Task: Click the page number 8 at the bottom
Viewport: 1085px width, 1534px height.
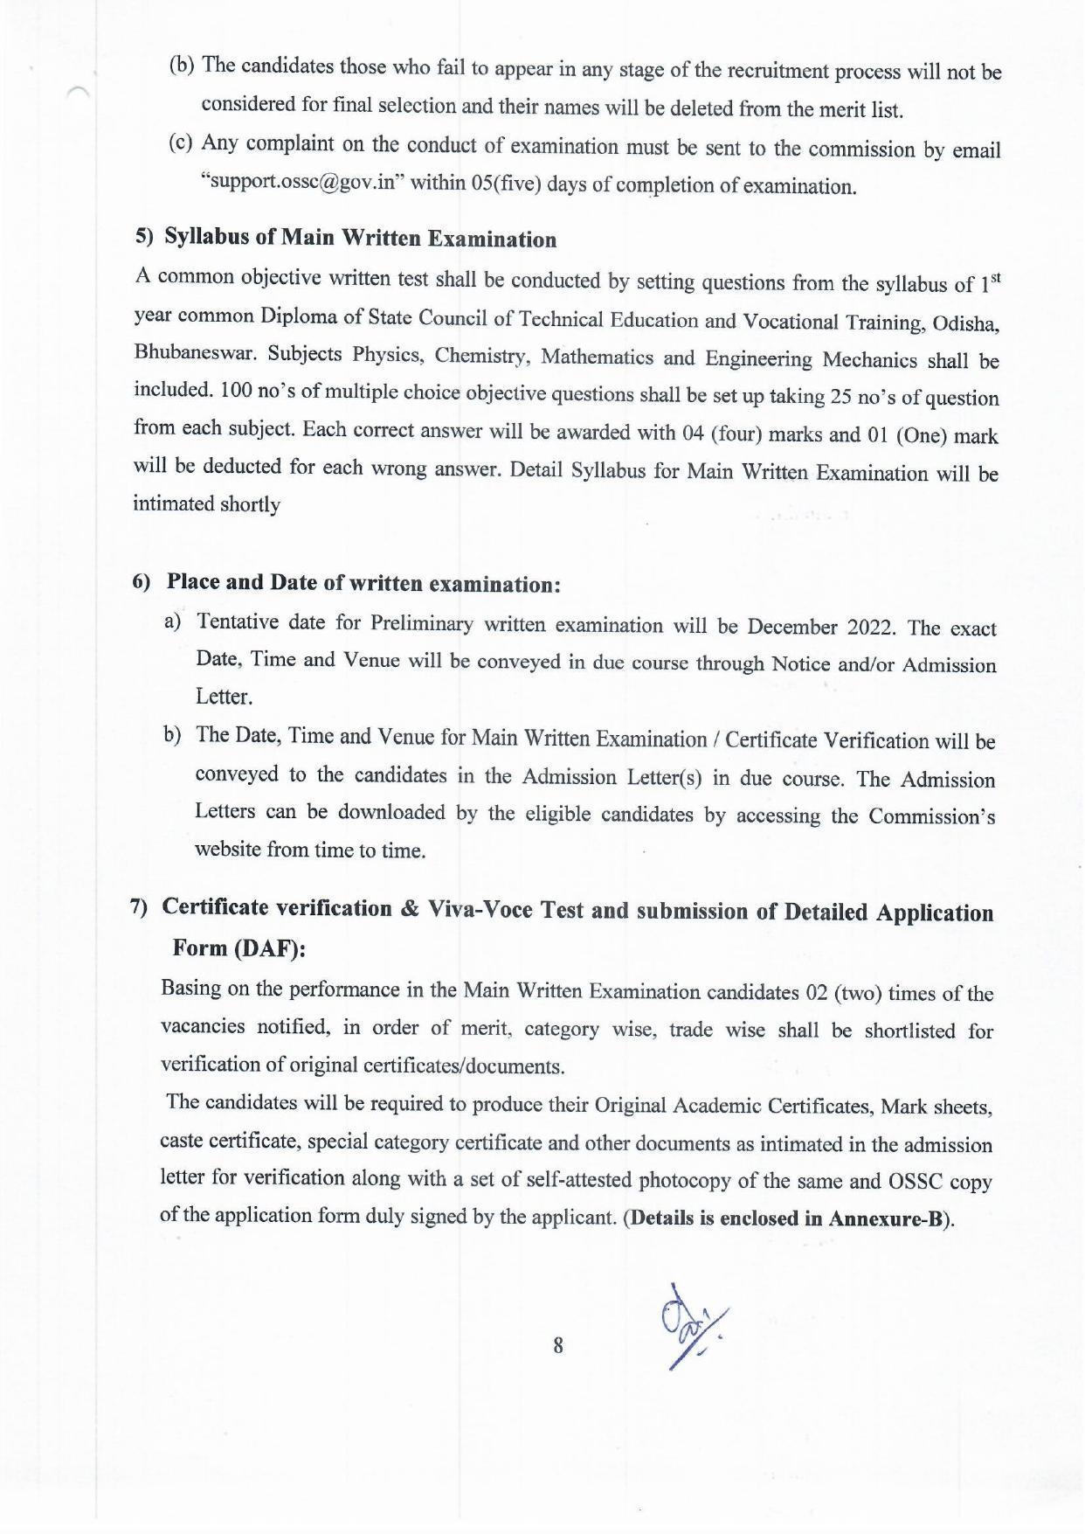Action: (558, 1344)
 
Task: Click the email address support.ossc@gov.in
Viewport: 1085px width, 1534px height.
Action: (303, 184)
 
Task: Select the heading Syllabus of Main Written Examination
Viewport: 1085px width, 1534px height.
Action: (360, 239)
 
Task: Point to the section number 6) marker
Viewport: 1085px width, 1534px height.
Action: (142, 582)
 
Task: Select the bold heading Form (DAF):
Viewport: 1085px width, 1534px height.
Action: (239, 949)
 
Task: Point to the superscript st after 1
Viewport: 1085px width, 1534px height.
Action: (994, 278)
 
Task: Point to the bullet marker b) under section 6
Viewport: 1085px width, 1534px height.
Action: (172, 735)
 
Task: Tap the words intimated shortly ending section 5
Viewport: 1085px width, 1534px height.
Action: (206, 504)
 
